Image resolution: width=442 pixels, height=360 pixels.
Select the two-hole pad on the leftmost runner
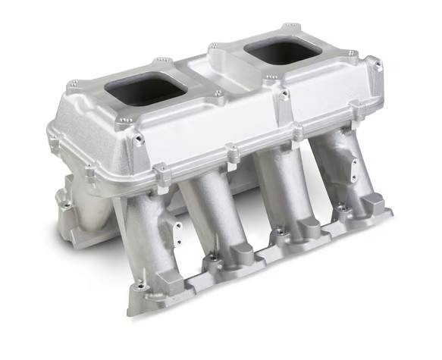click(159, 227)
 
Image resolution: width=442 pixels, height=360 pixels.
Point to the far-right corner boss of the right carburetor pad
click(352, 54)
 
